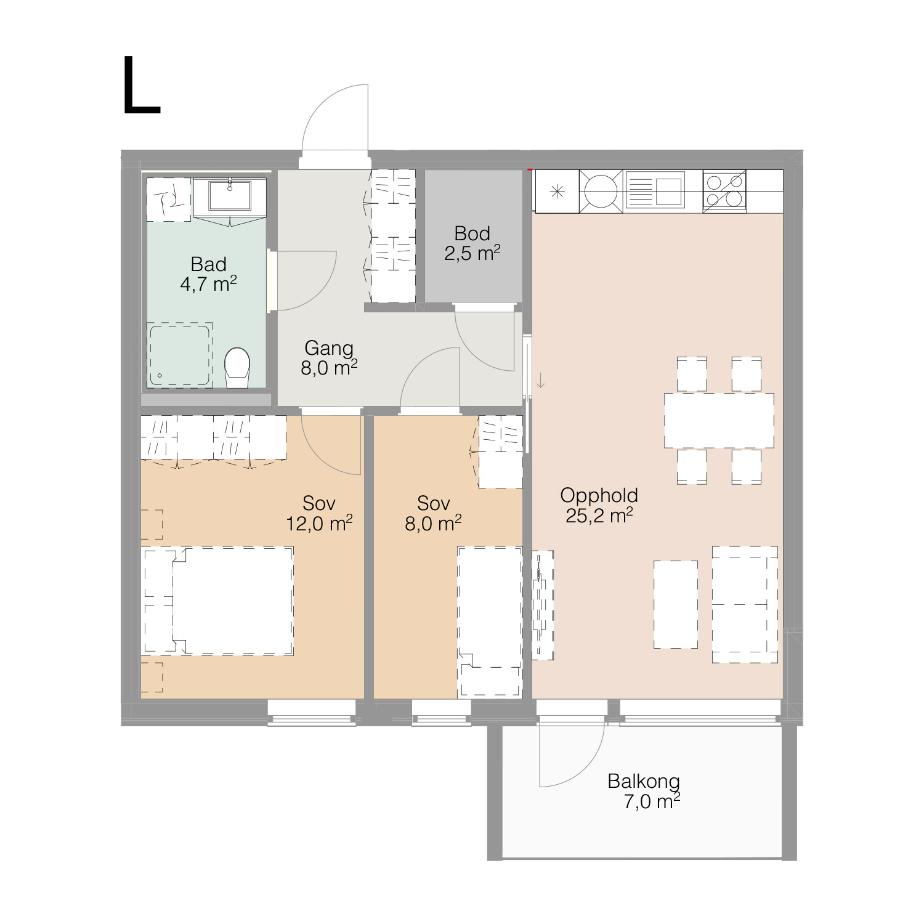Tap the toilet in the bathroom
[x=237, y=368]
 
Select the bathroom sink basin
[x=230, y=195]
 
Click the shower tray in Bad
[x=179, y=355]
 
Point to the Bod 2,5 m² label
[x=472, y=243]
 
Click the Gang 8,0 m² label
[x=329, y=358]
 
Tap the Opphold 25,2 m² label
[x=599, y=505]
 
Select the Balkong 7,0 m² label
[x=644, y=792]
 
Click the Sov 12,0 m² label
[x=319, y=513]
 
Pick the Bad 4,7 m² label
[x=208, y=274]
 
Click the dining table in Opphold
[x=719, y=420]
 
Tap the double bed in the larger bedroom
[x=218, y=601]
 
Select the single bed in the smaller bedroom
[x=490, y=622]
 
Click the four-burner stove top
[x=724, y=191]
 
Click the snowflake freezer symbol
[x=556, y=192]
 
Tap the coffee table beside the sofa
[x=676, y=604]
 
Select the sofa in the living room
[x=745, y=604]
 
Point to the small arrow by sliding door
[x=540, y=380]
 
